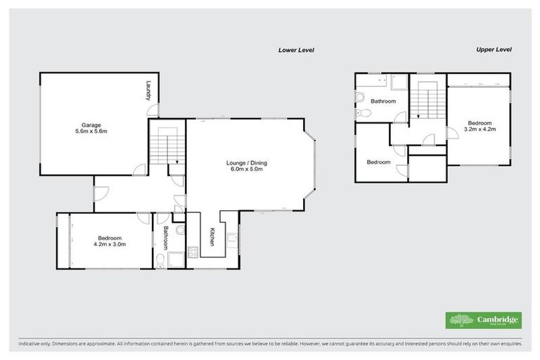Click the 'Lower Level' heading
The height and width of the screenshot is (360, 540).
295,50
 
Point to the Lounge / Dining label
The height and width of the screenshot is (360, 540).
246,163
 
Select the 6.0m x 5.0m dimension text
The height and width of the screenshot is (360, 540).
246,170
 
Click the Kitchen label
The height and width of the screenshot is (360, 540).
210,237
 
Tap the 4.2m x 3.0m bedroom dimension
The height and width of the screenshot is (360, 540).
109,245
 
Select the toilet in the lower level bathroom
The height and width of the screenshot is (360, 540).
162,261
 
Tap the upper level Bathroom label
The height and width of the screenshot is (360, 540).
384,101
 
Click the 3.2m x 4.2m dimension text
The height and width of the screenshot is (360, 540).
482,129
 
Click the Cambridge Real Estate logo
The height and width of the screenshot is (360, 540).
484,320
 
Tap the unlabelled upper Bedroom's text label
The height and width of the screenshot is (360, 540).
378,162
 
